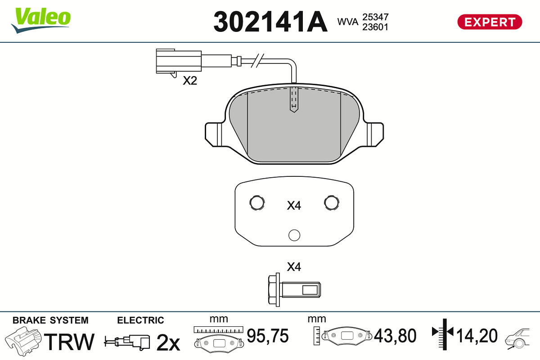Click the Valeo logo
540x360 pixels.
point(41,20)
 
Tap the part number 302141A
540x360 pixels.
point(270,22)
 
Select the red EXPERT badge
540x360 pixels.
point(490,22)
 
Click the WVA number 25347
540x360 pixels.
point(375,17)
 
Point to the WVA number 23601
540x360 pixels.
point(375,27)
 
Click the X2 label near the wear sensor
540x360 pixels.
point(190,81)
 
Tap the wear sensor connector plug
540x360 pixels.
point(179,61)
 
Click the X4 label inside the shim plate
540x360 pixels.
point(294,206)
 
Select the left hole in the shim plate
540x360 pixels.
point(257,202)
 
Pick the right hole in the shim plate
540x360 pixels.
point(332,202)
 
